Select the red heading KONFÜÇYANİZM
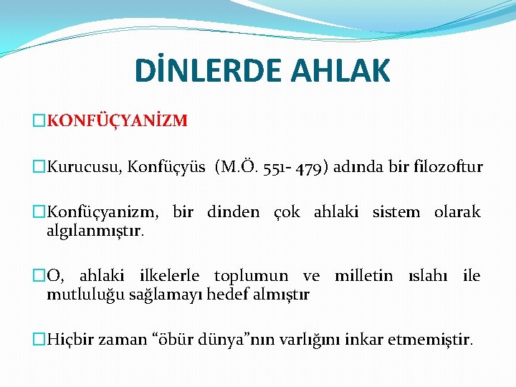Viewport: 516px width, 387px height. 117,121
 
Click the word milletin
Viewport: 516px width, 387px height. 363,276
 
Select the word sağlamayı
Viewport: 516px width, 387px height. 163,293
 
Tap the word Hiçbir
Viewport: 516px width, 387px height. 69,339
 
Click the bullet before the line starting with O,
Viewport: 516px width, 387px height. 39,276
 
